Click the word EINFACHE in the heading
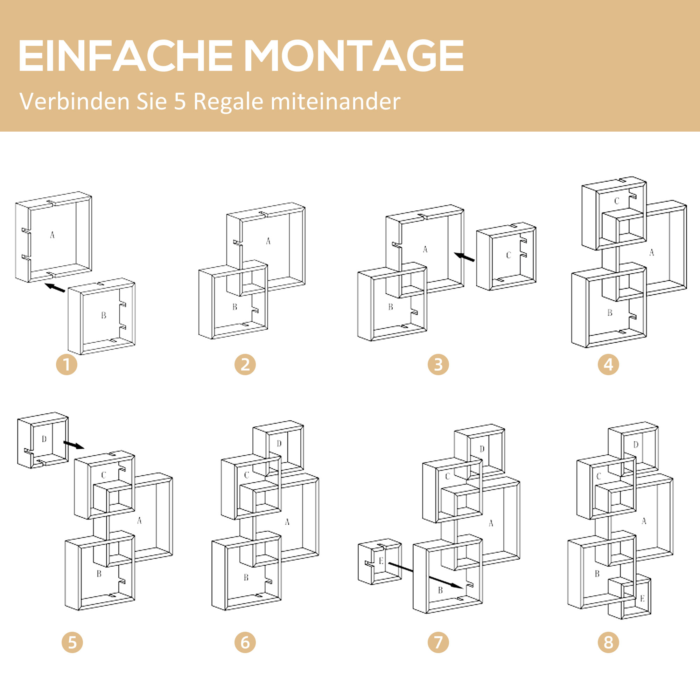[x=125, y=56]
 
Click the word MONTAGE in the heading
[x=354, y=56]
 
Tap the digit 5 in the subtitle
[x=180, y=101]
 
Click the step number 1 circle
[x=66, y=364]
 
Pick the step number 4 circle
[x=608, y=364]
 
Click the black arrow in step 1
[x=55, y=288]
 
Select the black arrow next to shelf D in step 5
[x=73, y=445]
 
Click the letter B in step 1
[x=104, y=315]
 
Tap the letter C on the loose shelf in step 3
[x=508, y=255]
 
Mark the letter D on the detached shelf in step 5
[x=44, y=439]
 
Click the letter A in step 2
[x=268, y=241]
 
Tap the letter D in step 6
[x=279, y=443]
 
